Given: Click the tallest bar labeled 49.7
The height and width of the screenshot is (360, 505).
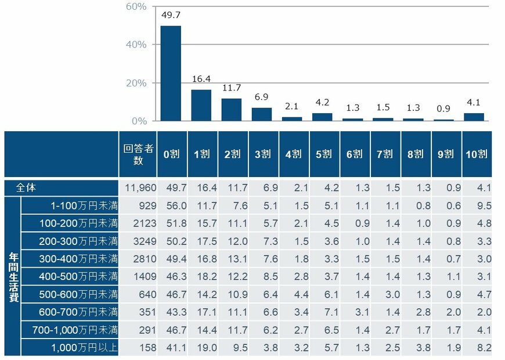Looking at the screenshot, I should click(x=171, y=73).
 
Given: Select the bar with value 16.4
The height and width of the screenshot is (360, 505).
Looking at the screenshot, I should click(x=201, y=105).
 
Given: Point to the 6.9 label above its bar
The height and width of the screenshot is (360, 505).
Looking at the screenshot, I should click(x=262, y=95).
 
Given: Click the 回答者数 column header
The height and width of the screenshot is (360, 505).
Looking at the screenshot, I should click(x=138, y=154).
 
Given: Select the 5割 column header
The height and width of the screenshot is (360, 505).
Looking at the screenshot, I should click(x=324, y=154).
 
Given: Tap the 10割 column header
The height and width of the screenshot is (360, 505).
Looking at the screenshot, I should click(x=477, y=154).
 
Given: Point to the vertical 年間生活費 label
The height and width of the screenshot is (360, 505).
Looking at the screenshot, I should click(x=12, y=276).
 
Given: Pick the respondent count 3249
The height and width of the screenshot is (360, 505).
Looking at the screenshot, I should click(x=141, y=241).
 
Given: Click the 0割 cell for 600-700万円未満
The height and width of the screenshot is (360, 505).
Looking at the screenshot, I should click(x=171, y=312).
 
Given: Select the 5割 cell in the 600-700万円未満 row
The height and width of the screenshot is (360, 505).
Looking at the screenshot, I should click(x=324, y=312).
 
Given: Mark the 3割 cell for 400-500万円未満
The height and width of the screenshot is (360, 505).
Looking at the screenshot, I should click(x=263, y=277).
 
